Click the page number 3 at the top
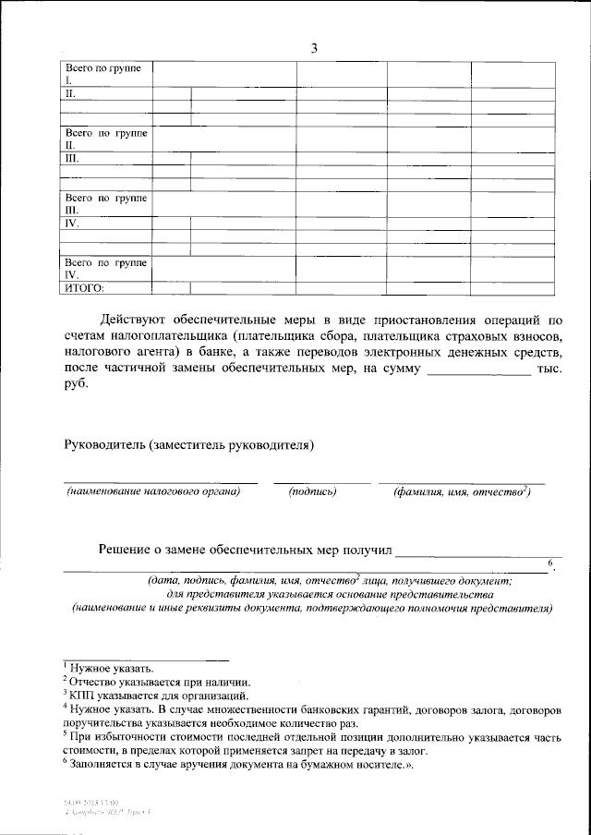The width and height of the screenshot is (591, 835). point(313,49)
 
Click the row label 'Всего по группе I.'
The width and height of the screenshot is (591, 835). point(104,74)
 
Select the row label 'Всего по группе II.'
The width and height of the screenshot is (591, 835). point(104,139)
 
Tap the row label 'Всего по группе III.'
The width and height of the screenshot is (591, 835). point(104,204)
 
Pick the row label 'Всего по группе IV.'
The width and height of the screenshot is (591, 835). point(104,269)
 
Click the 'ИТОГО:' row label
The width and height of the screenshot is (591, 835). point(83,288)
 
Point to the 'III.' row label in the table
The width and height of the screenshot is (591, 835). point(71,159)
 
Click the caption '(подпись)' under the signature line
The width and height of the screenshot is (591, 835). point(313,492)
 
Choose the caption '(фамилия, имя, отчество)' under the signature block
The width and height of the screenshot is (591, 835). point(461,492)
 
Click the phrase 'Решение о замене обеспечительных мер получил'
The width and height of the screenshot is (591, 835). point(246,550)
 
